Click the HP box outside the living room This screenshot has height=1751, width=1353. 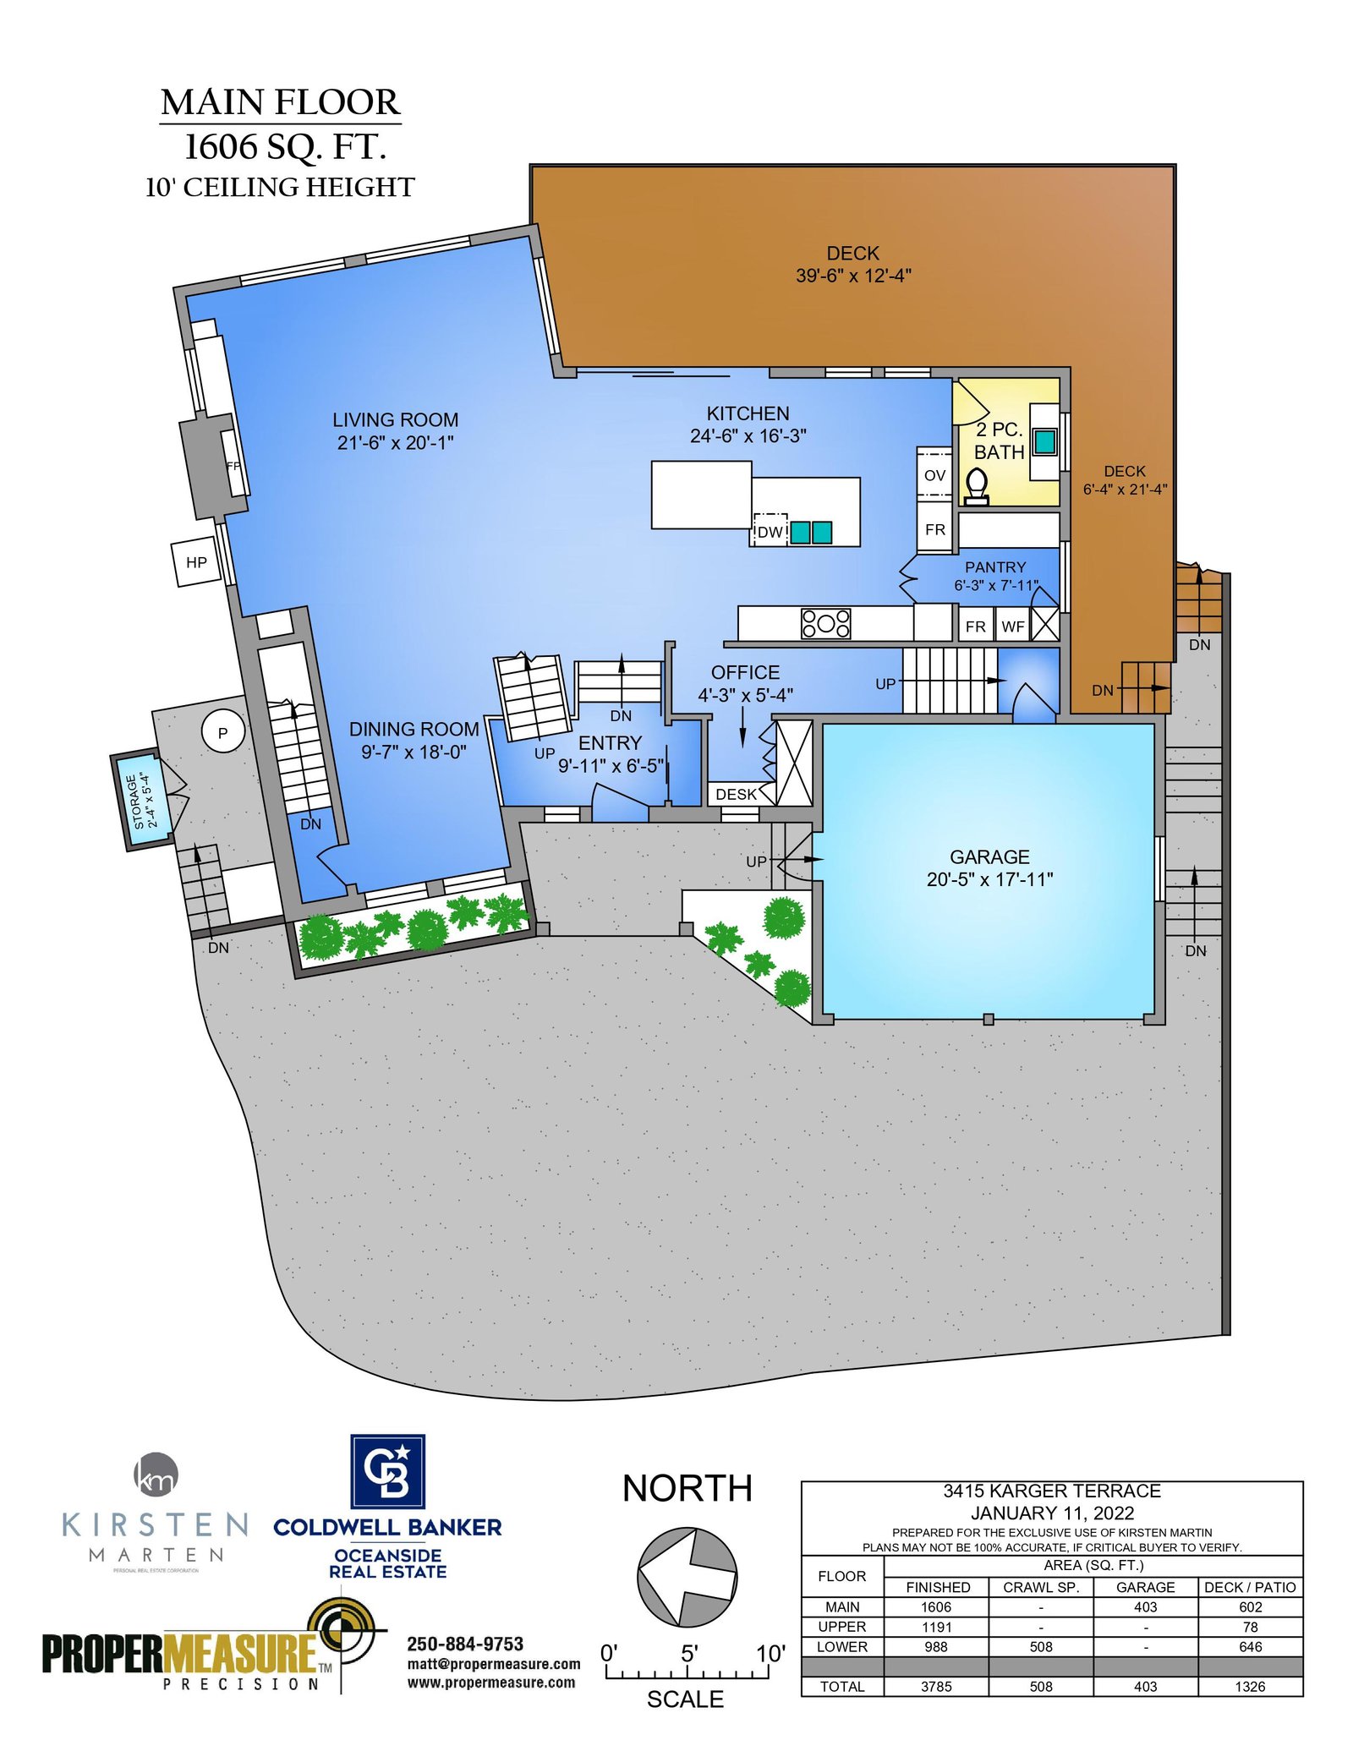point(196,562)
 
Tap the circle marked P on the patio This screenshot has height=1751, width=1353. point(223,732)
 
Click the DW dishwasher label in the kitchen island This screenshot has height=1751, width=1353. point(770,532)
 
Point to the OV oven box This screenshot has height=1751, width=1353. point(934,475)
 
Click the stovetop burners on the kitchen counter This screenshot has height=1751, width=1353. point(826,624)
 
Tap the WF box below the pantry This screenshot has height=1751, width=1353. point(1013,627)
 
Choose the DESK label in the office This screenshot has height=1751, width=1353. point(736,795)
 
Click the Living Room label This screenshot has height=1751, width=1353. point(395,420)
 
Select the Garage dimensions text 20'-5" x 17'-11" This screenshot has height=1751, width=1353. point(989,879)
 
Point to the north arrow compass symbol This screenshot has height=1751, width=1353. point(687,1577)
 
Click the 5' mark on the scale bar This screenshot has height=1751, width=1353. point(689,1653)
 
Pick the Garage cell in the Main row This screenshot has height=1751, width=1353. point(1145,1607)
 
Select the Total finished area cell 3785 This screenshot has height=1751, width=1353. point(936,1687)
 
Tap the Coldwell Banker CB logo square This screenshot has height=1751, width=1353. point(388,1471)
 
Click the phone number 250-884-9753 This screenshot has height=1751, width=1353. point(465,1644)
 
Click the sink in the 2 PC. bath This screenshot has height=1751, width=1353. point(1045,441)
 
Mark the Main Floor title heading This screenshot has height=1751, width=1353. point(280,102)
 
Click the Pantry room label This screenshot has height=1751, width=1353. point(995,567)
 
